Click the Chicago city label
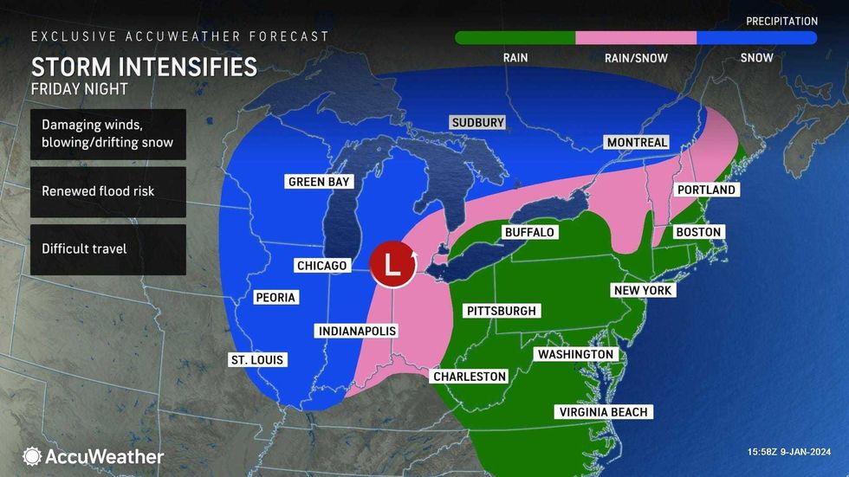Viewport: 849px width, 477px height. pos(321,266)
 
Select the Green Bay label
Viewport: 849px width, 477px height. pos(319,182)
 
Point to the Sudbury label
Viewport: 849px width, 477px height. pos(477,123)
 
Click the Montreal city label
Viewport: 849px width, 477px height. pos(637,142)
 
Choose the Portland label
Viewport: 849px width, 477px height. pos(706,190)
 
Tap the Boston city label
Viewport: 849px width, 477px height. pos(699,232)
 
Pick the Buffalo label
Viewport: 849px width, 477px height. pos(528,233)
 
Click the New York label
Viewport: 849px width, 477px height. pos(643,291)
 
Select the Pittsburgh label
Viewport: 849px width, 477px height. pos(502,311)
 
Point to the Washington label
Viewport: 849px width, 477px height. pos(575,354)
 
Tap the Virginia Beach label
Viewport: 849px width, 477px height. pos(603,412)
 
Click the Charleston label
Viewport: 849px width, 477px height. pos(469,377)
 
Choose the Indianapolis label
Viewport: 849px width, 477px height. pos(357,332)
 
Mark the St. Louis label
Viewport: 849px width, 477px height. pos(256,360)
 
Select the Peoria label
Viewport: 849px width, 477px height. pos(275,298)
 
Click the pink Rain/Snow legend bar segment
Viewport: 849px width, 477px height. pos(636,38)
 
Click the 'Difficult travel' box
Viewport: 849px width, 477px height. pos(108,249)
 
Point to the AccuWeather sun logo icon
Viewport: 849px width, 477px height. pos(33,456)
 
